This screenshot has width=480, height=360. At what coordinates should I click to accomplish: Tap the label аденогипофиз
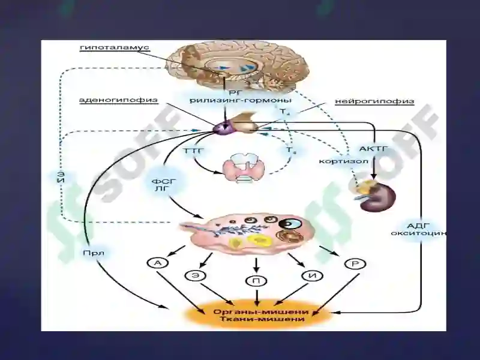tap(110, 100)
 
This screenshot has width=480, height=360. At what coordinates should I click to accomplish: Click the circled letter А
tap(157, 263)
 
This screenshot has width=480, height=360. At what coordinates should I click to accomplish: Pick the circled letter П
tap(256, 280)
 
